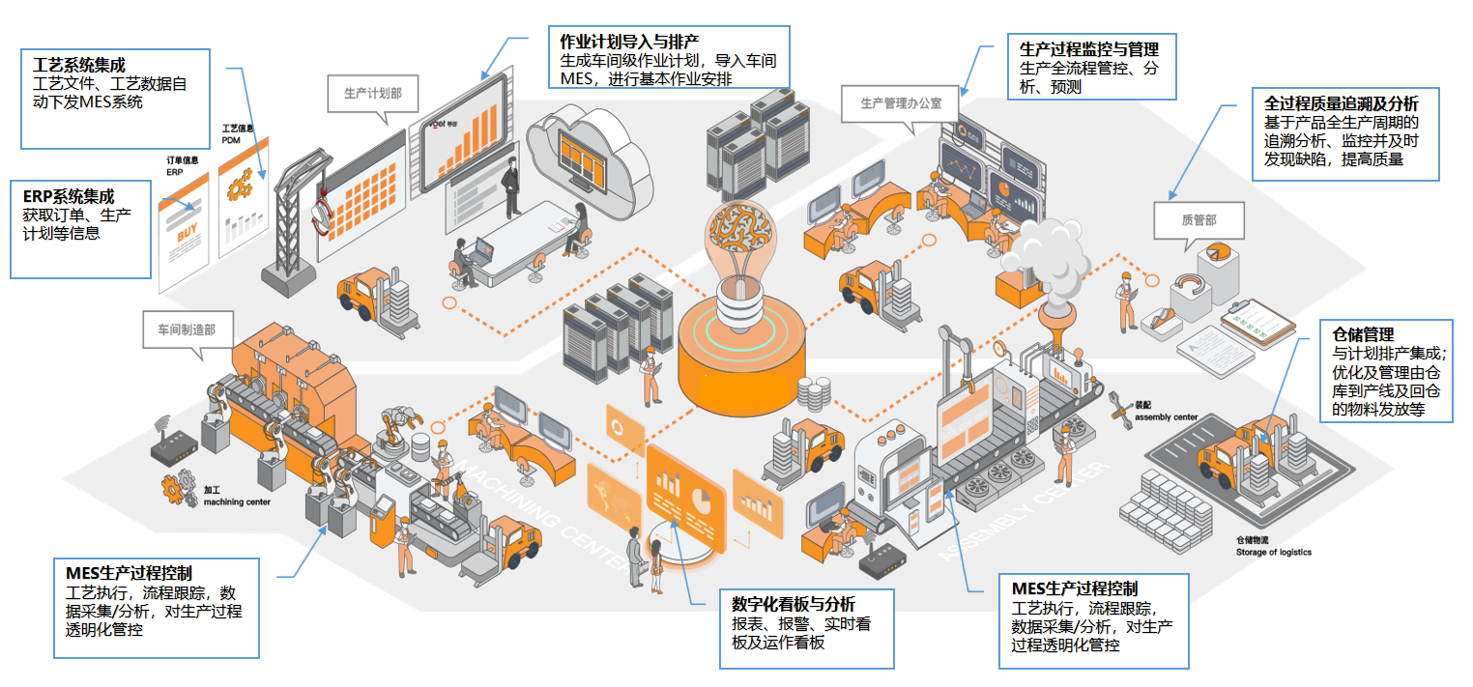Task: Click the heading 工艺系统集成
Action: [x=79, y=66]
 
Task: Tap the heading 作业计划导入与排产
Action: [x=629, y=41]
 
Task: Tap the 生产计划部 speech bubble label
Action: [x=373, y=94]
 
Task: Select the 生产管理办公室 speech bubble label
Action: [x=900, y=101]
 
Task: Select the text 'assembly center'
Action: [x=1166, y=417]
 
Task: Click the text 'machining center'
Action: [x=237, y=502]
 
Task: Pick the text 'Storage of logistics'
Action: [x=1273, y=553]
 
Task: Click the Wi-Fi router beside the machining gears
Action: [x=175, y=444]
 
